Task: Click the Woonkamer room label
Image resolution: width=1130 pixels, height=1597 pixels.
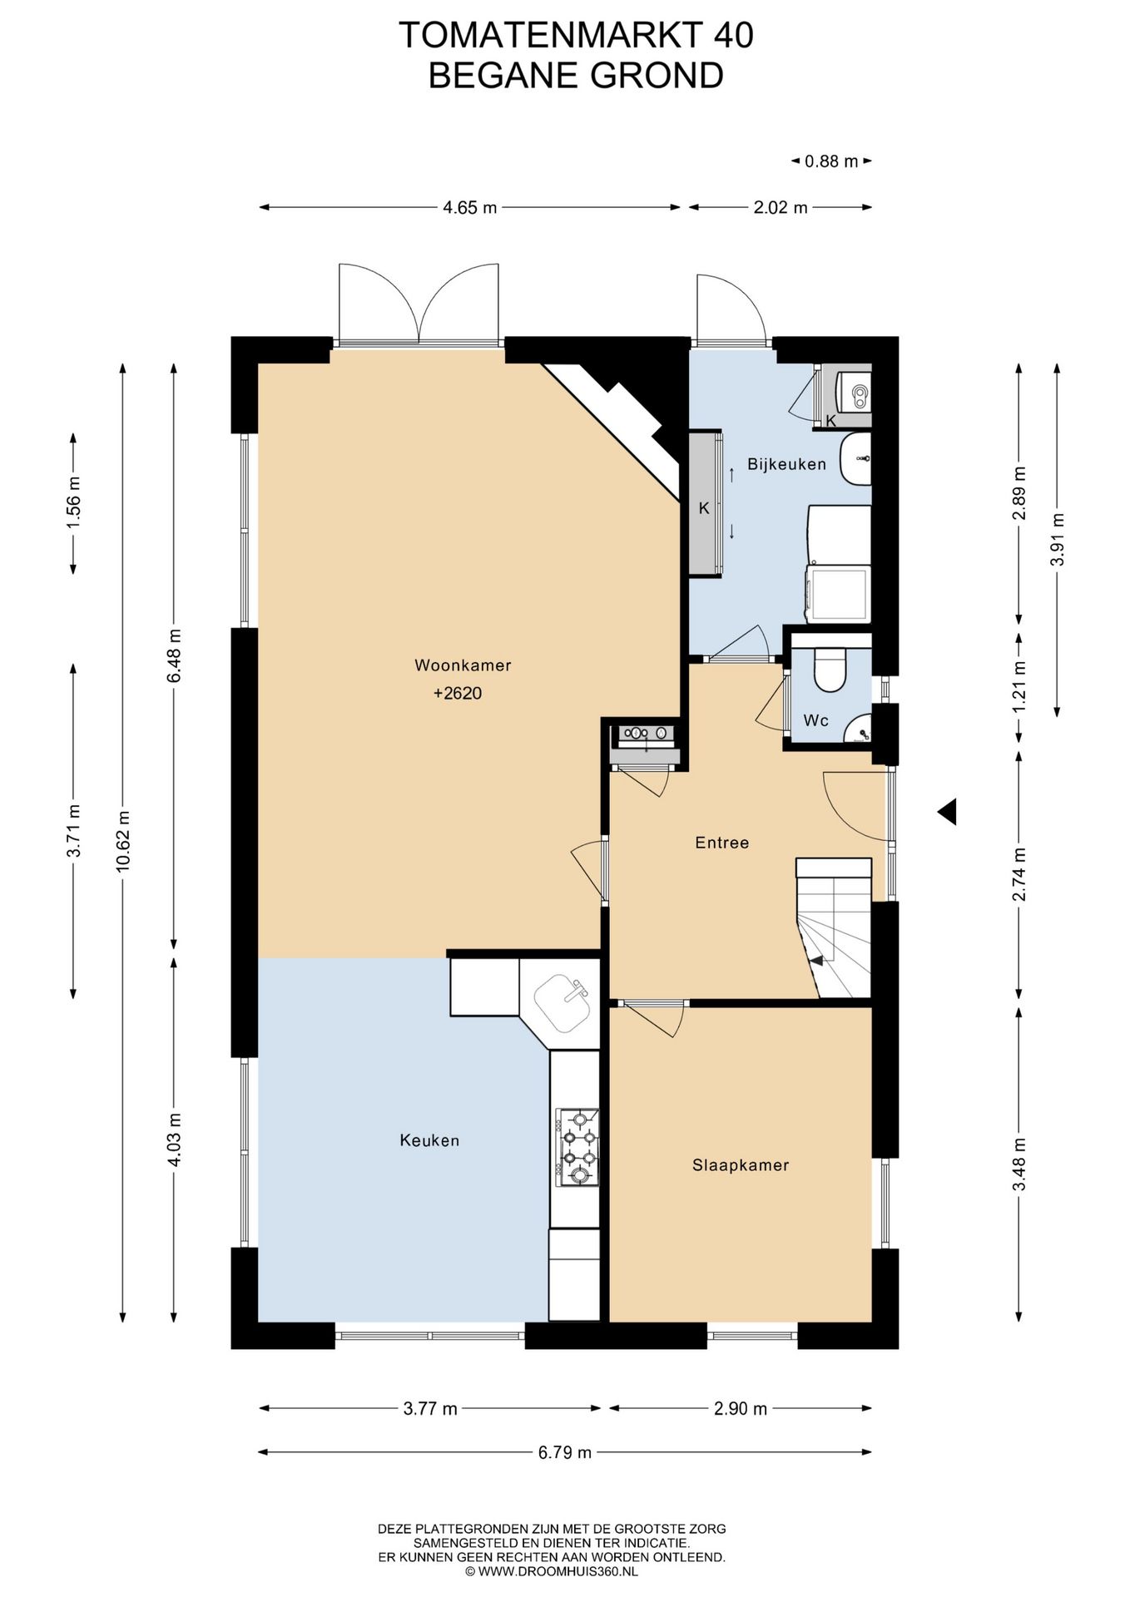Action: (463, 665)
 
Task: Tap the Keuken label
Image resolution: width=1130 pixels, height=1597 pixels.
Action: (429, 1140)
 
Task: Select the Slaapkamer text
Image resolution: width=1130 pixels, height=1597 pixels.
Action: (741, 1165)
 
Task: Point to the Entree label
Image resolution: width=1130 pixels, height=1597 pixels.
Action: (722, 843)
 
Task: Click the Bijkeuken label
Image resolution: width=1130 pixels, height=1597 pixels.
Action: (786, 464)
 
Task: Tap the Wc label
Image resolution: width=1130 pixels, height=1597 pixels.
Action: (815, 720)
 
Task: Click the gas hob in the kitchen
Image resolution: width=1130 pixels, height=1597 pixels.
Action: (577, 1147)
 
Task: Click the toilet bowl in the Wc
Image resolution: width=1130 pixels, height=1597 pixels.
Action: (830, 670)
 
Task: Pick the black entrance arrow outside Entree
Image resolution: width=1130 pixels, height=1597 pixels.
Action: (948, 812)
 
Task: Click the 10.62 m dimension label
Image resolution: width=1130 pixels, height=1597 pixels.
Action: (123, 841)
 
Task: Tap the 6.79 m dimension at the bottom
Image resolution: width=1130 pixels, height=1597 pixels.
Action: (565, 1452)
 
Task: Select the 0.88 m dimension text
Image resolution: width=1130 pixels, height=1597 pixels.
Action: (831, 161)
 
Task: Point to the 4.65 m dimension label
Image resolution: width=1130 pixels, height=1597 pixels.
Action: (469, 208)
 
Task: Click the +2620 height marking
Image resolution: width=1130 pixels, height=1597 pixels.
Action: (458, 693)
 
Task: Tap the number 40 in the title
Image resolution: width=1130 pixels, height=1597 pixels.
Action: (733, 35)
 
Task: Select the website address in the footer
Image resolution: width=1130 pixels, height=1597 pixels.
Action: (552, 1571)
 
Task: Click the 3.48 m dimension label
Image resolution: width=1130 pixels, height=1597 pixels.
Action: (1019, 1164)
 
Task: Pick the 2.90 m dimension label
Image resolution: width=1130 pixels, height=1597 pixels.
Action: (741, 1409)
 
